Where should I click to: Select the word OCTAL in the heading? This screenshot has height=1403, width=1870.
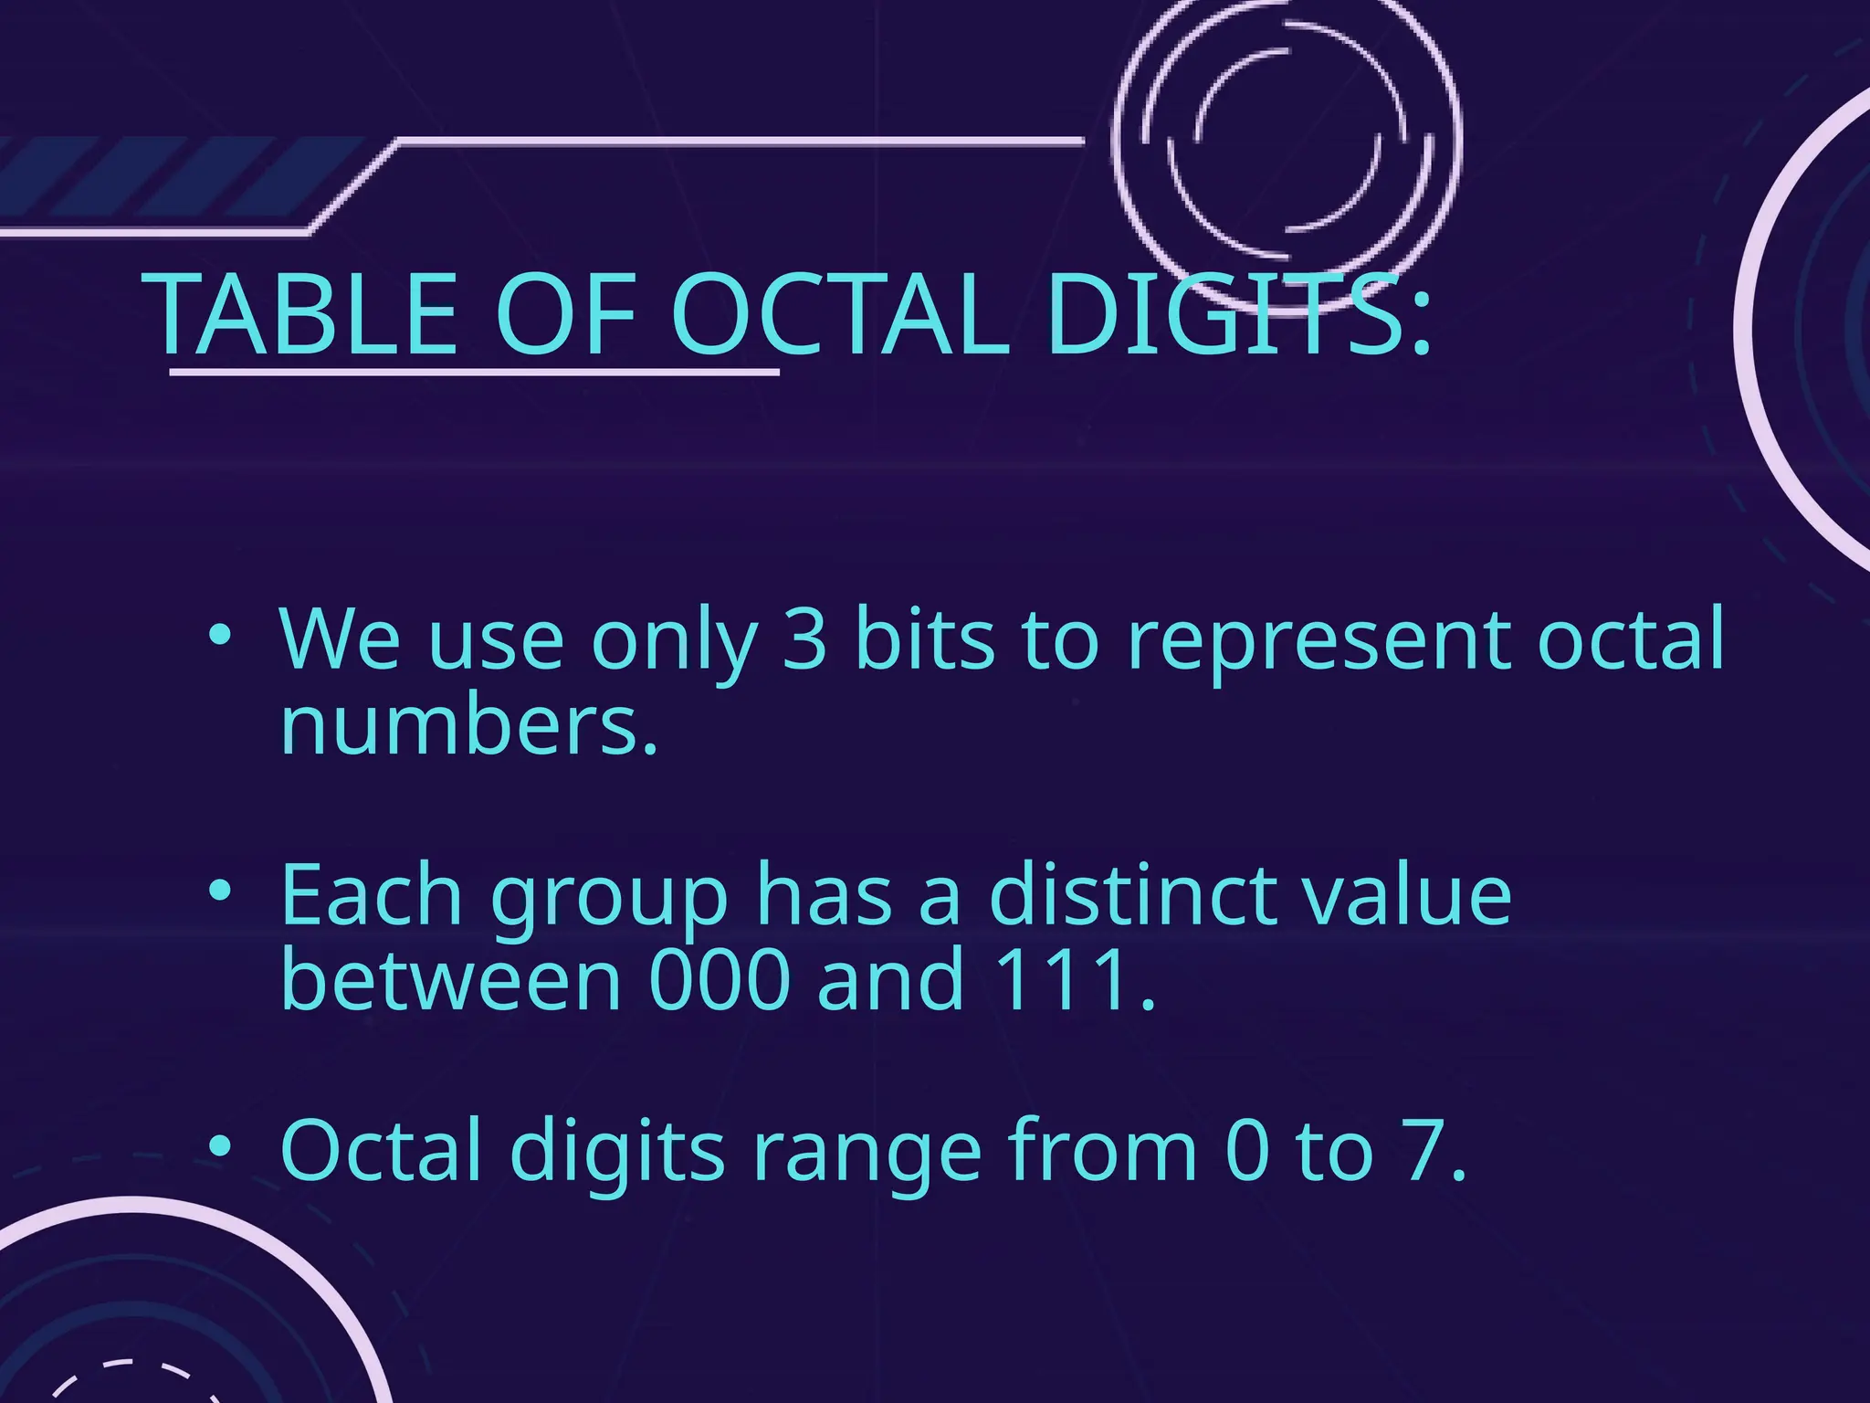coord(841,315)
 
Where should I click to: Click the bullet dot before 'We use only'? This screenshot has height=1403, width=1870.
coord(217,636)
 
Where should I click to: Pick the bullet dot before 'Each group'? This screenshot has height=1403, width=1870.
coord(217,891)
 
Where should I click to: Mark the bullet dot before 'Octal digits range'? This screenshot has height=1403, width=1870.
coord(217,1146)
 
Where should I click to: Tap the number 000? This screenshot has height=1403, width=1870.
coord(720,979)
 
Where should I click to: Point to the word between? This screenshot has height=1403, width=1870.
coord(451,979)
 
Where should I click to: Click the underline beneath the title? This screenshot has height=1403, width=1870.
coord(475,372)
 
